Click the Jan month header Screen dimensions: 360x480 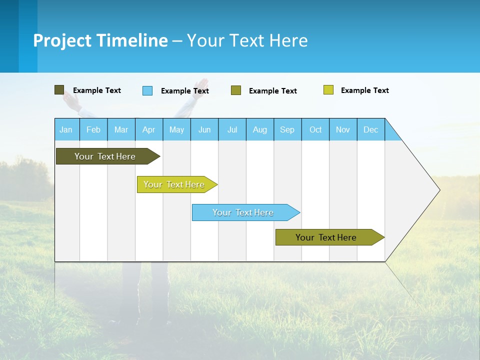pyautogui.click(x=66, y=129)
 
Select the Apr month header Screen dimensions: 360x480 pyautogui.click(x=149, y=129)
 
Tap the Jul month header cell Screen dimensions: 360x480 pyautogui.click(x=232, y=129)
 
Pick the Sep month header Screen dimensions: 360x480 pyautogui.click(x=287, y=129)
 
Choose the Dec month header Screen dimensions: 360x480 pyautogui.click(x=370, y=129)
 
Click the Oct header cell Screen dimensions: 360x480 pyautogui.click(x=315, y=129)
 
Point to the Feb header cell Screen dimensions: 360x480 pyautogui.click(x=93, y=129)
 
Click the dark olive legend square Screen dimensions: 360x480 pyautogui.click(x=59, y=90)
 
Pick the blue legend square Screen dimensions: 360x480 pyautogui.click(x=147, y=90)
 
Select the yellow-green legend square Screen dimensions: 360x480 pyautogui.click(x=328, y=90)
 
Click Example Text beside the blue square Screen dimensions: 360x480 pyautogui.click(x=185, y=91)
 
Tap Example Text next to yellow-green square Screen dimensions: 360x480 pyautogui.click(x=365, y=90)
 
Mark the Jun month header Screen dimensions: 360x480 pyautogui.click(x=204, y=129)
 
